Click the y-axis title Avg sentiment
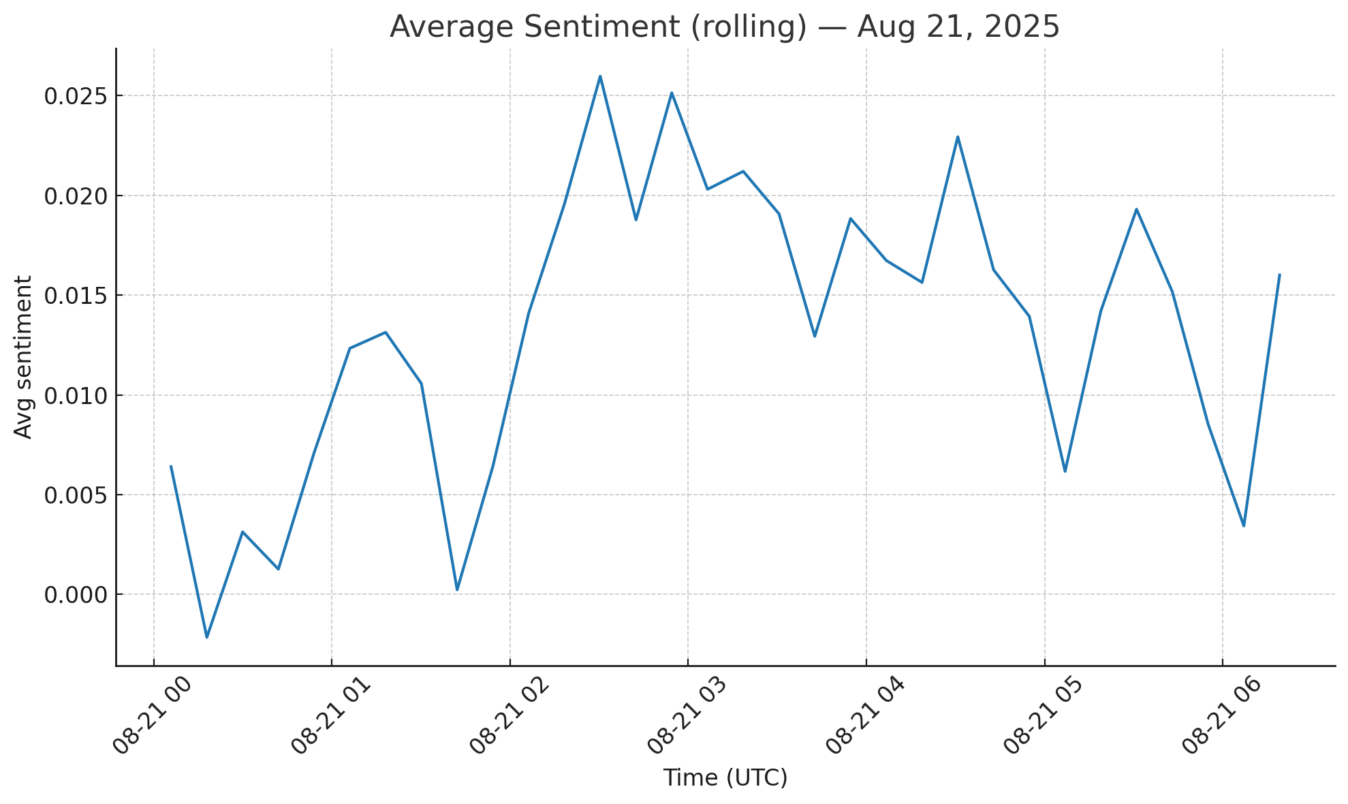23,357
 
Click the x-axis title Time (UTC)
725,777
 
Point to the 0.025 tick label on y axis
76,96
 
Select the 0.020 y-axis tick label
76,196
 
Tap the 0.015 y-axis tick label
76,296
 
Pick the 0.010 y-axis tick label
76,396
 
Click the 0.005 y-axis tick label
76,495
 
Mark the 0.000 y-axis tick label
76,595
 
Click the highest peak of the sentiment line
600,76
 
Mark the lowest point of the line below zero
207,637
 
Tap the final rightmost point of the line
1280,275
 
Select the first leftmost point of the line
171,466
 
